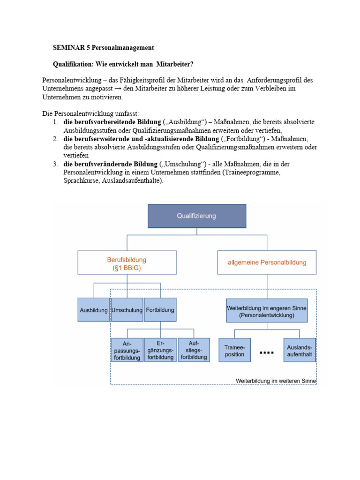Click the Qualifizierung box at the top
pyautogui.click(x=197, y=216)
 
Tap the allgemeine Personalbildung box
pyautogui.click(x=267, y=262)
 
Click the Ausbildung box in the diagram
pyautogui.click(x=94, y=310)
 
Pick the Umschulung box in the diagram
pyautogui.click(x=127, y=310)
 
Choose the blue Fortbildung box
pyautogui.click(x=160, y=310)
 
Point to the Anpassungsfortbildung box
pyautogui.click(x=127, y=350)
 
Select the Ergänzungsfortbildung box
pyautogui.click(x=160, y=350)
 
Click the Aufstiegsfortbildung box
pyautogui.click(x=193, y=349)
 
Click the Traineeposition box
pyautogui.click(x=234, y=350)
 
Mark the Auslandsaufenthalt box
pyautogui.click(x=300, y=350)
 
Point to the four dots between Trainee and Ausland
pyautogui.click(x=267, y=351)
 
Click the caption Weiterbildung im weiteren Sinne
pyautogui.click(x=276, y=381)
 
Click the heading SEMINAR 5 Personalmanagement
pyautogui.click(x=103, y=48)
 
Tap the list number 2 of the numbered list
pyautogui.click(x=55, y=139)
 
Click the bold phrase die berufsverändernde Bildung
pyautogui.click(x=110, y=164)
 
